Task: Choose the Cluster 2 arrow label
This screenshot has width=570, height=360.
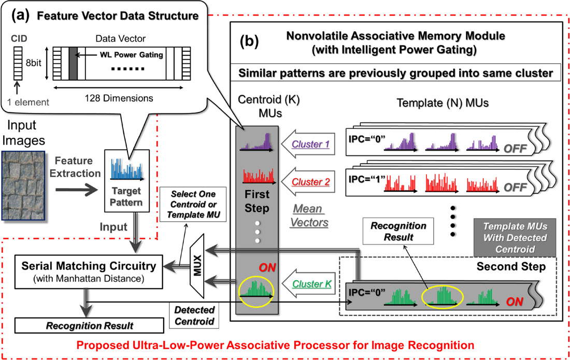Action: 308,182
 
